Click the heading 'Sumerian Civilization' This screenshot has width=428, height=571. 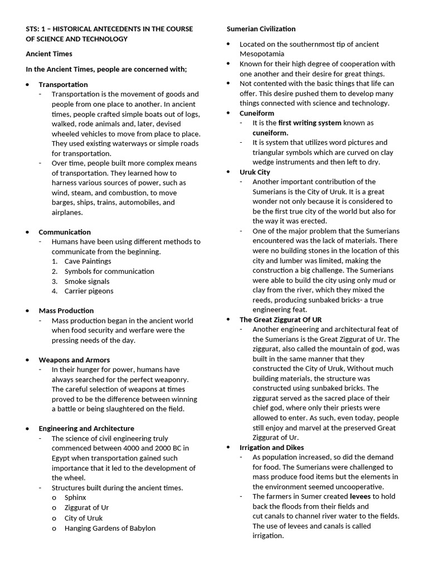(x=261, y=29)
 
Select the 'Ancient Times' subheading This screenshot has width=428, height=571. (x=49, y=54)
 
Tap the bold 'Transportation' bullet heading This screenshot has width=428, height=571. (x=63, y=84)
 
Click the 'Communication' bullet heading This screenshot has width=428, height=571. (x=65, y=232)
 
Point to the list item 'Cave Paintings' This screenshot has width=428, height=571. (x=87, y=262)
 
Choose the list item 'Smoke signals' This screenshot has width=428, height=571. (x=87, y=282)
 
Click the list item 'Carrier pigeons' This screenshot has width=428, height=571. (x=89, y=291)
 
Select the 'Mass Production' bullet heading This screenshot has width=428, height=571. (x=66, y=311)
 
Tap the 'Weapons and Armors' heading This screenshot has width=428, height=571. (x=74, y=360)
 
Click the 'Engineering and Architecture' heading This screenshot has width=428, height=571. (x=86, y=429)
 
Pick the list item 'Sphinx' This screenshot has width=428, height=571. (x=75, y=498)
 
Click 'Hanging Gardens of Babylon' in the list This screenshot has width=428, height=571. (x=110, y=528)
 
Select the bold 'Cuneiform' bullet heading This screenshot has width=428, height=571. (x=257, y=113)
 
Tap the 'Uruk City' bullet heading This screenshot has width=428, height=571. (x=255, y=172)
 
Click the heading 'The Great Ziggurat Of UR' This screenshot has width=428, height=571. (x=280, y=320)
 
